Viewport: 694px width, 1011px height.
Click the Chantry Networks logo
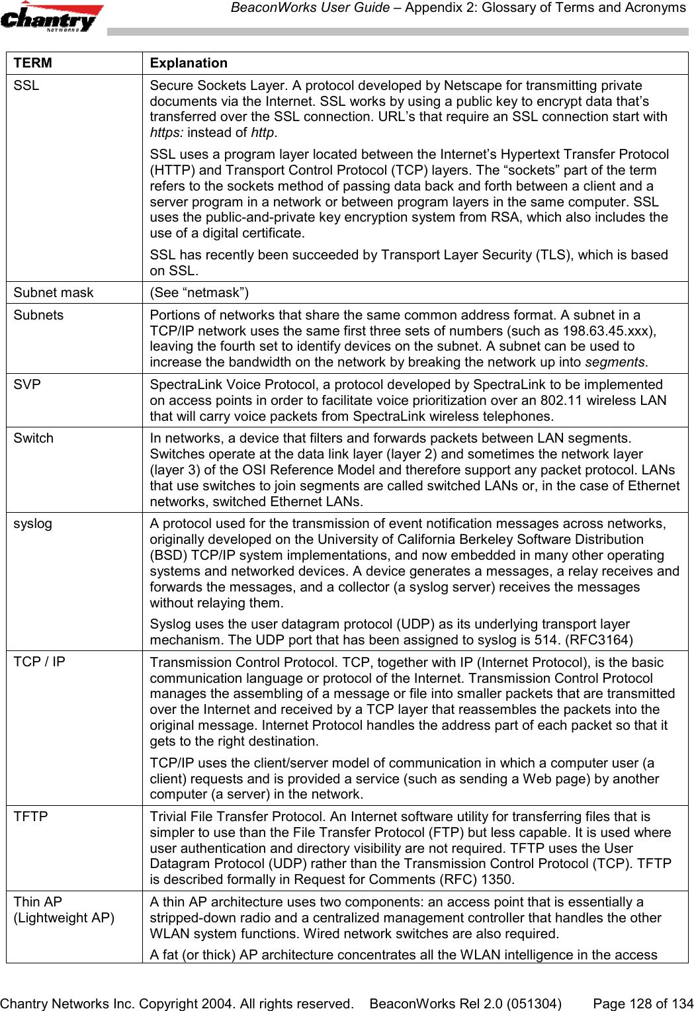[x=52, y=17]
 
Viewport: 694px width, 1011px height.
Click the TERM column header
[x=33, y=64]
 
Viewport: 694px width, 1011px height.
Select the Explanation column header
[x=189, y=64]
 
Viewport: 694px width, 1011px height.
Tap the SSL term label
[x=26, y=86]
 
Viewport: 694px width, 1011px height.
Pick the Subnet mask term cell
[x=54, y=293]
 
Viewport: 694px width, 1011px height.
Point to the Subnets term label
[x=38, y=316]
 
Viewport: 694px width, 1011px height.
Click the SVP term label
[x=27, y=385]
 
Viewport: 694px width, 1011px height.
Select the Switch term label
[x=34, y=439]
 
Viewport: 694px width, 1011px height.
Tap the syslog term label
[x=33, y=524]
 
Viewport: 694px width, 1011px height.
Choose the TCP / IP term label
[x=40, y=662]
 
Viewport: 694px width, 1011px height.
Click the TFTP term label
[x=31, y=817]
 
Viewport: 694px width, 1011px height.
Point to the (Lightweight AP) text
[x=64, y=918]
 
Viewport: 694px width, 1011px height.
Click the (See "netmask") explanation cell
[x=199, y=293]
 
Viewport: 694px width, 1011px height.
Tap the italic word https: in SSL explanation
[x=167, y=133]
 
